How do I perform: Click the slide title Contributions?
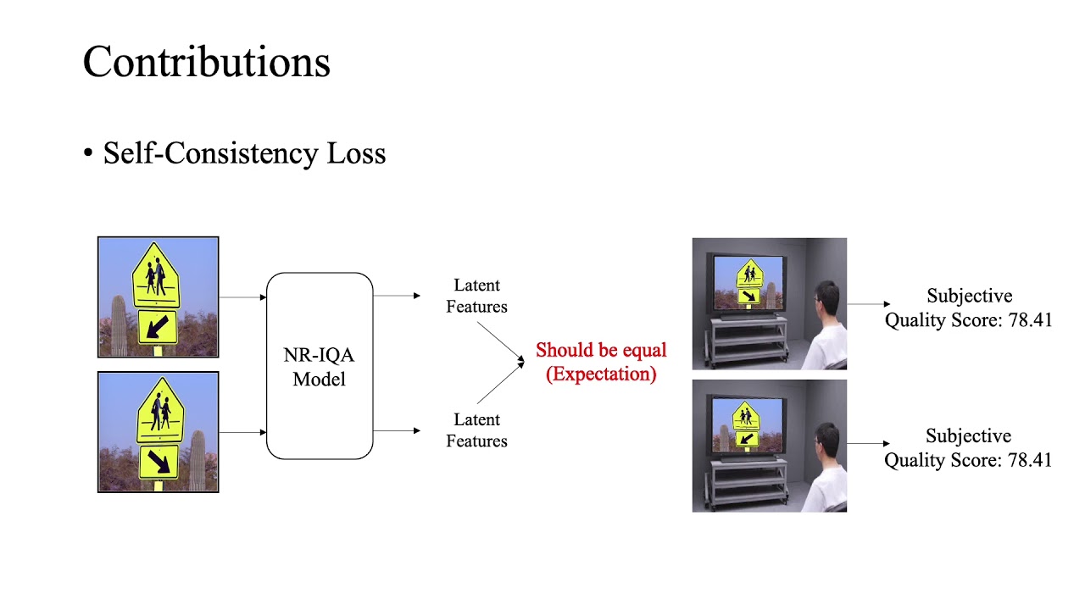206,63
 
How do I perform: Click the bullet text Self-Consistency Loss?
244,153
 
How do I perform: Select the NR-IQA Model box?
320,366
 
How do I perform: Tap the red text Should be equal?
601,350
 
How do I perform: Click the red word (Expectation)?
601,374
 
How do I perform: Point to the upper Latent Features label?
476,296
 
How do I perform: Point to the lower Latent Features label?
476,430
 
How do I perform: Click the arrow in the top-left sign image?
157,327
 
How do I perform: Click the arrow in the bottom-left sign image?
159,462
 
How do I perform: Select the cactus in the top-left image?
119,325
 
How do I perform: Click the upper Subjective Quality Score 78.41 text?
968,308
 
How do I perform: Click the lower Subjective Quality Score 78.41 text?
968,448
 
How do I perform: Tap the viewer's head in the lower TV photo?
826,441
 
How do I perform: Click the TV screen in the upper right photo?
747,283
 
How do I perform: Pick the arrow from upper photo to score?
868,303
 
